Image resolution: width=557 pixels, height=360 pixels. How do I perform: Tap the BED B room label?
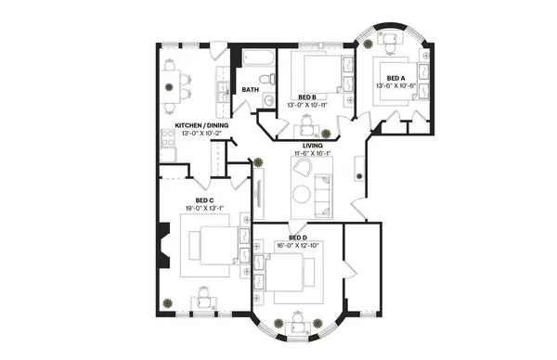(308, 96)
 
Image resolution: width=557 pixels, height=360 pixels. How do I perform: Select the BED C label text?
(205, 200)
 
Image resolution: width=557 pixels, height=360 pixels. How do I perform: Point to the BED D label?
(297, 237)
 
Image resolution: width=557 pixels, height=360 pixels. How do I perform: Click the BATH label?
(251, 90)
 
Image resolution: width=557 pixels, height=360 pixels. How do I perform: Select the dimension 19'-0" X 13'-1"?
(205, 209)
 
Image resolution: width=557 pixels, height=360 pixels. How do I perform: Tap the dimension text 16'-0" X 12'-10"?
(297, 245)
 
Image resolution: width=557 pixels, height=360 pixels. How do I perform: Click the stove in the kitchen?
(169, 140)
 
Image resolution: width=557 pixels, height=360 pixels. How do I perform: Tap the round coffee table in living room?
(303, 194)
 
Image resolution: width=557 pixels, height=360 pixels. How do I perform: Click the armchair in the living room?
(302, 168)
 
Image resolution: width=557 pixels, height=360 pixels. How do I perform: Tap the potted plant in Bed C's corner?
(167, 303)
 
